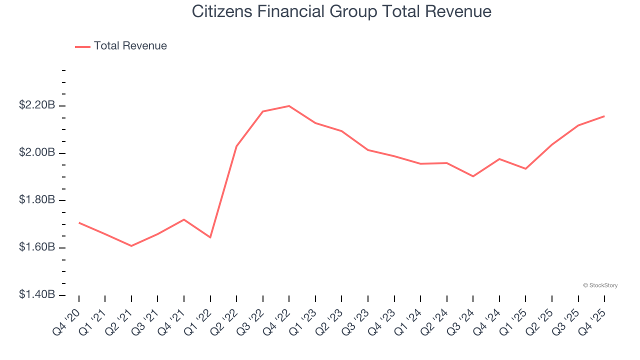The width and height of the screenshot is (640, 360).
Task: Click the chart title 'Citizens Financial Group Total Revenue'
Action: tap(341, 11)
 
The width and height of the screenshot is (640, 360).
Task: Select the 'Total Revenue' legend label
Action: tap(130, 46)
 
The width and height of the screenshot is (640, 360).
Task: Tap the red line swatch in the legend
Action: tap(82, 46)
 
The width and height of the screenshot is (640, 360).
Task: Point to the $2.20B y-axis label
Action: tap(37, 105)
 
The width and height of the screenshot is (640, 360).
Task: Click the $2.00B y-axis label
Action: tap(37, 152)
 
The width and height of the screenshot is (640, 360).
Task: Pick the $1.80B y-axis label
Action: tap(37, 200)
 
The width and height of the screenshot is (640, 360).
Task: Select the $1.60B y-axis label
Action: tap(37, 247)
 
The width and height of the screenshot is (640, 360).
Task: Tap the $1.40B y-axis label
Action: tap(37, 295)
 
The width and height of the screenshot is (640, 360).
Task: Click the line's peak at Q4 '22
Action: tap(289, 106)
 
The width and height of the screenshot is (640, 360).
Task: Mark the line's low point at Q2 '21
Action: tap(131, 246)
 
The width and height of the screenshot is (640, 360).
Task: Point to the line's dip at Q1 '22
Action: tap(210, 237)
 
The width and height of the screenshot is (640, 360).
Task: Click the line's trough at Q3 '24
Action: tap(473, 176)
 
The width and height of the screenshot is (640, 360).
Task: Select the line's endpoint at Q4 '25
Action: tap(604, 116)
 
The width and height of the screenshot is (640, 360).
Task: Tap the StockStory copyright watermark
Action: tap(600, 285)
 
